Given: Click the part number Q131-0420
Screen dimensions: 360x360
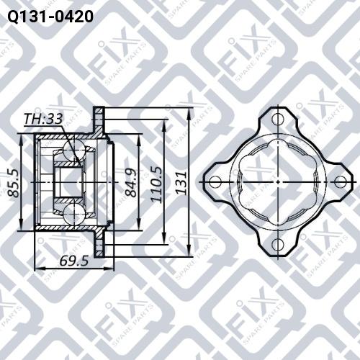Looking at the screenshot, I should tap(50, 15).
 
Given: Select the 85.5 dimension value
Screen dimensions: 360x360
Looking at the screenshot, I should tap(13, 184).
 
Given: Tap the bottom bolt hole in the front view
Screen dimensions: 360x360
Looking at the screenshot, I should tap(277, 246).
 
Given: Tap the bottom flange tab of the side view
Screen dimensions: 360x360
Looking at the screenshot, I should tap(100, 247).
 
